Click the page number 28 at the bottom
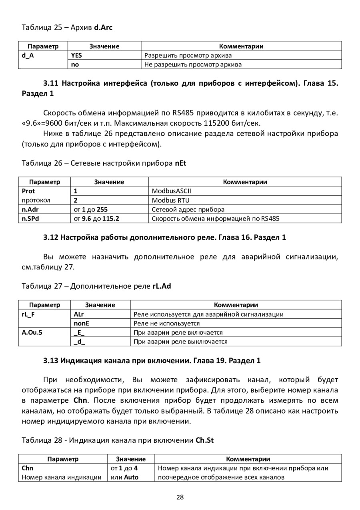[180, 497]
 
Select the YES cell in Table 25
[76, 56]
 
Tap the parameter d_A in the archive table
[28, 56]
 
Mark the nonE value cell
[81, 323]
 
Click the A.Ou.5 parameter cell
[32, 333]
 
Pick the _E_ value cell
[79, 333]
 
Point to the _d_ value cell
[79, 342]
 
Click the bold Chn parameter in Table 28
[28, 468]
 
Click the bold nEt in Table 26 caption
[180, 163]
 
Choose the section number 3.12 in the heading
[51, 237]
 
